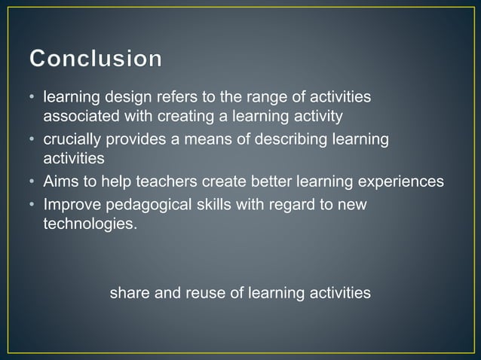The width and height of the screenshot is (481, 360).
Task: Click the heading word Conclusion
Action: click(96, 59)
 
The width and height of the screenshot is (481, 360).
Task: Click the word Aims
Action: click(61, 182)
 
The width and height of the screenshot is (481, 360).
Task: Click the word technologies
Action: click(90, 224)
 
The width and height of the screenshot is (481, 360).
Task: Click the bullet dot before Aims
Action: click(34, 182)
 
